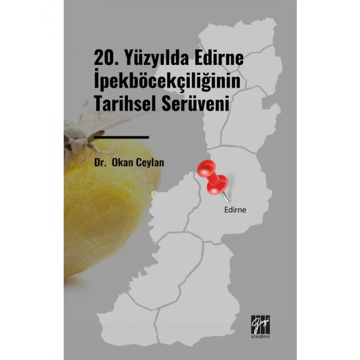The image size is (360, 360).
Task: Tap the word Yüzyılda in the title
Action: pos(149,61)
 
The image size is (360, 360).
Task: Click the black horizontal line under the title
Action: pos(122,137)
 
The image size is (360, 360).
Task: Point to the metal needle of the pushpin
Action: pos(226,195)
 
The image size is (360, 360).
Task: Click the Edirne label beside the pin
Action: pos(236,210)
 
